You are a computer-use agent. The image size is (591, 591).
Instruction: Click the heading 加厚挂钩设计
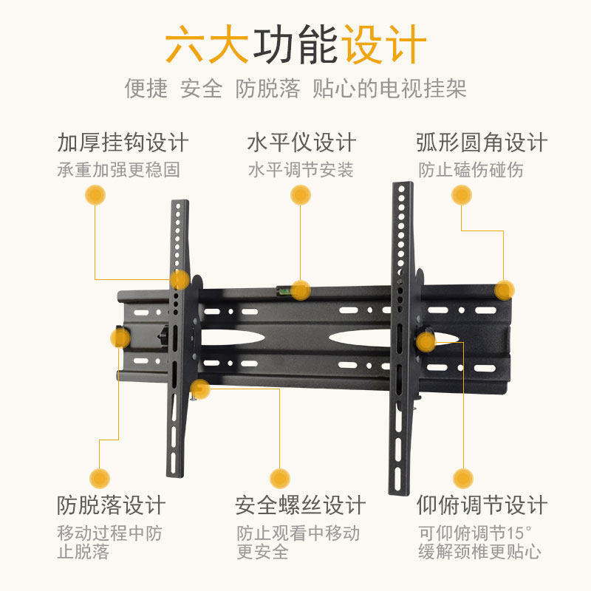(123, 143)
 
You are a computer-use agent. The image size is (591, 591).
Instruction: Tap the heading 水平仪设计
(301, 143)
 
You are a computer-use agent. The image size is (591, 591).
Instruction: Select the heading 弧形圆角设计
(481, 143)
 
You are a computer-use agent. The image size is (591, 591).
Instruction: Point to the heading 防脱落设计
(112, 506)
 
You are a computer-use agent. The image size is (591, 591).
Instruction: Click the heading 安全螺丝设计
(301, 506)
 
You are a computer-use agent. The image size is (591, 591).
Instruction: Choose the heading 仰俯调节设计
(481, 506)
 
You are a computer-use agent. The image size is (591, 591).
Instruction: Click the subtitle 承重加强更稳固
(119, 170)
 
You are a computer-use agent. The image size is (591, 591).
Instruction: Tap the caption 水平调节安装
(301, 170)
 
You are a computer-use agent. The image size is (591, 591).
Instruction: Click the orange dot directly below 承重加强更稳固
(95, 195)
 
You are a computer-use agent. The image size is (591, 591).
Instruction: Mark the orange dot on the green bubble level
(300, 290)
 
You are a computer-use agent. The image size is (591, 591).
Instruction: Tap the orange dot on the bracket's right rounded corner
(504, 290)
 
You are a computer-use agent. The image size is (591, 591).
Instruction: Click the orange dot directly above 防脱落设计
(100, 477)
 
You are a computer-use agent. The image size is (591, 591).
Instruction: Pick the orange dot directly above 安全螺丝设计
(279, 477)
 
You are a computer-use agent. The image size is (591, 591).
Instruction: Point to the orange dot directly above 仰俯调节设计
(463, 477)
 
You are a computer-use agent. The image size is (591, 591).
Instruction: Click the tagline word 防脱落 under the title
(268, 89)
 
